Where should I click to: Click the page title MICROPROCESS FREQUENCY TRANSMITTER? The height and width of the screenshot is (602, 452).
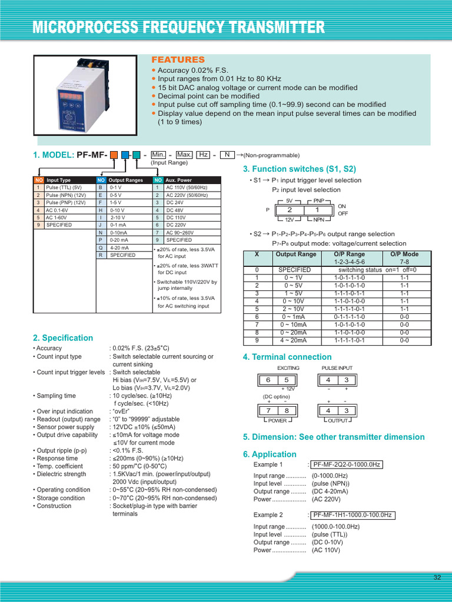[178, 27]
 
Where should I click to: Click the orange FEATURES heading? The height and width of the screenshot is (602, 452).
[178, 60]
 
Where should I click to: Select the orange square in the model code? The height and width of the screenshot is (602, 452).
[114, 155]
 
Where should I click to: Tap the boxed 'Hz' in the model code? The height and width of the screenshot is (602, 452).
[203, 155]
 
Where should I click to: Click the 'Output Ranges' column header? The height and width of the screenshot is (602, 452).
[125, 180]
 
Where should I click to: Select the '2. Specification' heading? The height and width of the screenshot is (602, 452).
[63, 338]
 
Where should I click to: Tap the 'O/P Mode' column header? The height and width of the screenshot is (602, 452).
[404, 255]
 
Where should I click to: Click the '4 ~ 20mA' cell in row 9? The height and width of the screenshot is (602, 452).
[293, 340]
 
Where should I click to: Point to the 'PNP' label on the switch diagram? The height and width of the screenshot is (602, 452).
[320, 200]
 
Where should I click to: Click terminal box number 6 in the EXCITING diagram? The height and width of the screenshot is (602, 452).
[268, 380]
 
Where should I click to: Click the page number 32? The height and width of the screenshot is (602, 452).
[437, 578]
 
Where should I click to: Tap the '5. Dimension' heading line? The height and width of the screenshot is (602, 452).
[333, 437]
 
